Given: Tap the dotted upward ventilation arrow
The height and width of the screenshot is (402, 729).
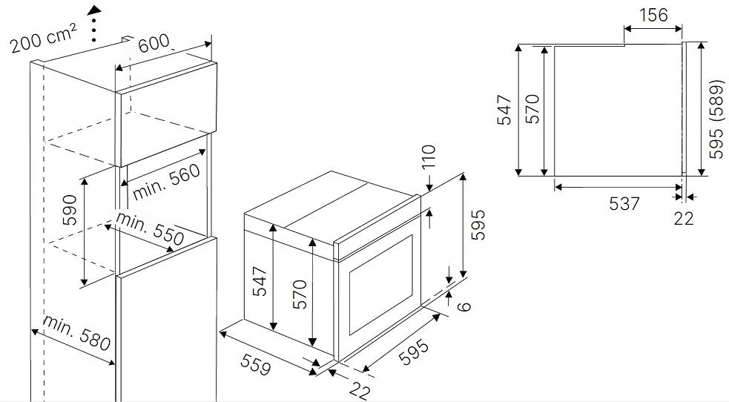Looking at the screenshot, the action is click(95, 24).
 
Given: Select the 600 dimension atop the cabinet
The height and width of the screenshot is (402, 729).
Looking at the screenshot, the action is click(154, 43).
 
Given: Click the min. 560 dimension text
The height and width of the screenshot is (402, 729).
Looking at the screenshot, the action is click(166, 182).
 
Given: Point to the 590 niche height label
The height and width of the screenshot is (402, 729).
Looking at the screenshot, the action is click(70, 210).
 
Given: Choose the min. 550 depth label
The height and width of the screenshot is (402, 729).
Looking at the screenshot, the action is click(150, 228).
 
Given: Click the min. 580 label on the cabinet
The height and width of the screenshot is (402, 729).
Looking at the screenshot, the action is click(77, 333).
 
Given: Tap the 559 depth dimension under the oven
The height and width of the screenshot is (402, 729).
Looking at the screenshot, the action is click(255, 364).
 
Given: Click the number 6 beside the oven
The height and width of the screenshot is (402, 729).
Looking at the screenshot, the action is click(464, 306).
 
